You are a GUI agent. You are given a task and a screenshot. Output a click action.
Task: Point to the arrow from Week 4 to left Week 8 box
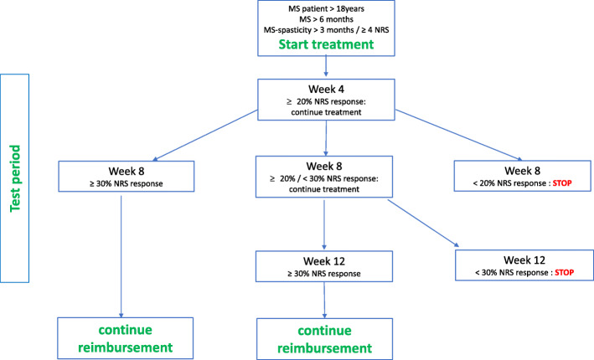[x=206, y=133]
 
